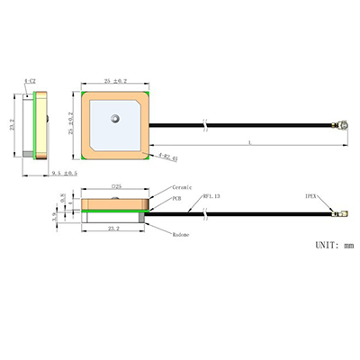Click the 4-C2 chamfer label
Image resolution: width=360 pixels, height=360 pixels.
pyautogui.click(x=31, y=82)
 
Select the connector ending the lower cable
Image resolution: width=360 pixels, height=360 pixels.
pyautogui.click(x=340, y=214)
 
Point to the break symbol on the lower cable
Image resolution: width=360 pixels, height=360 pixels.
pyautogui.click(x=206, y=214)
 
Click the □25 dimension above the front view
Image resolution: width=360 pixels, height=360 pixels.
pyautogui.click(x=115, y=187)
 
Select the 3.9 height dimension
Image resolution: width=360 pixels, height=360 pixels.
pyautogui.click(x=55, y=214)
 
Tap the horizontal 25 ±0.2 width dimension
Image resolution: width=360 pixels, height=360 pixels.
pyautogui.click(x=116, y=81)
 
